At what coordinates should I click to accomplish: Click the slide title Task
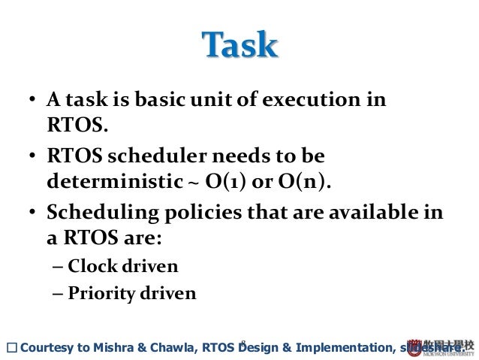coord(239,47)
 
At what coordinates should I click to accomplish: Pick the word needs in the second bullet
coord(243,157)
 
